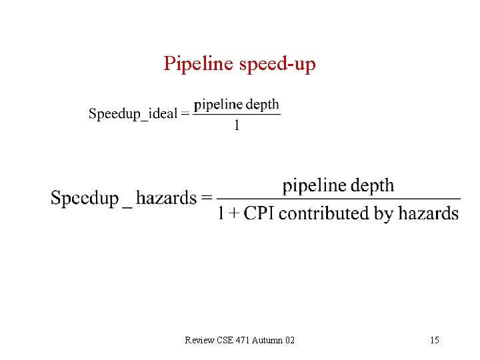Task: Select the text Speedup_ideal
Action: [133, 113]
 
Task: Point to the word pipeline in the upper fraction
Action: [218, 105]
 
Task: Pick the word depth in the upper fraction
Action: [263, 105]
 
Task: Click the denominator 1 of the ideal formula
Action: [237, 125]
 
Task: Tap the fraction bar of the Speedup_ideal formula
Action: [237, 115]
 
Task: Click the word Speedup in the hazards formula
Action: [85, 198]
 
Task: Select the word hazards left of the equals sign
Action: [166, 198]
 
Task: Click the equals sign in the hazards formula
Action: [207, 198]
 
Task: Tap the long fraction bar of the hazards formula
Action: [339, 199]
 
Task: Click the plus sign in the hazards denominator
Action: [233, 214]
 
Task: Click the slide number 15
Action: [435, 341]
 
